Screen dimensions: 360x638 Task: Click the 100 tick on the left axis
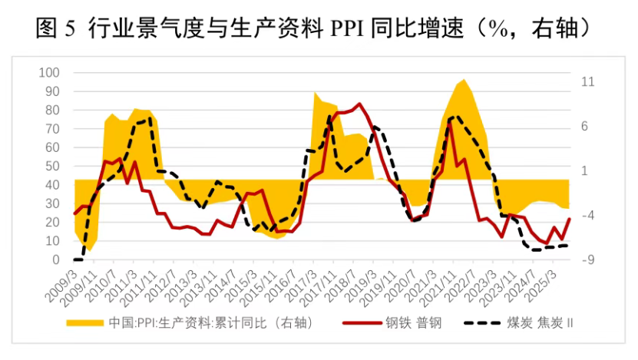[48, 73]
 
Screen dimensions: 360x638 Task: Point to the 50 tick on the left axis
[51, 167]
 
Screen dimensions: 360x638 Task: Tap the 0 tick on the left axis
[55, 260]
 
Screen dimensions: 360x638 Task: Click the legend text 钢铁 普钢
[414, 322]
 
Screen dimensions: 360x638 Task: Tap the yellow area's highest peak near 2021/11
[462, 79]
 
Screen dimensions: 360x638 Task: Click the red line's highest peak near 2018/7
[359, 104]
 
